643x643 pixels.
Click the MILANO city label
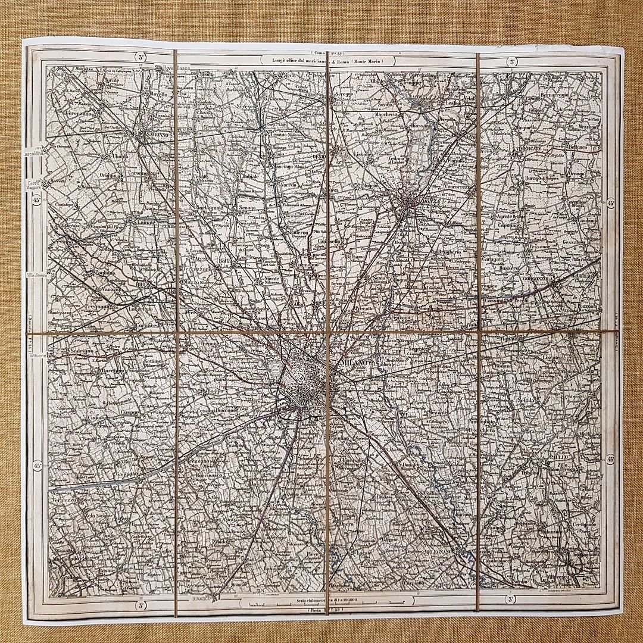tap(356, 363)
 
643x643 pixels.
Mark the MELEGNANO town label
tap(440, 552)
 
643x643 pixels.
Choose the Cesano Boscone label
tap(218, 411)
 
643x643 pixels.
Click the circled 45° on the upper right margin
tap(611, 204)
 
